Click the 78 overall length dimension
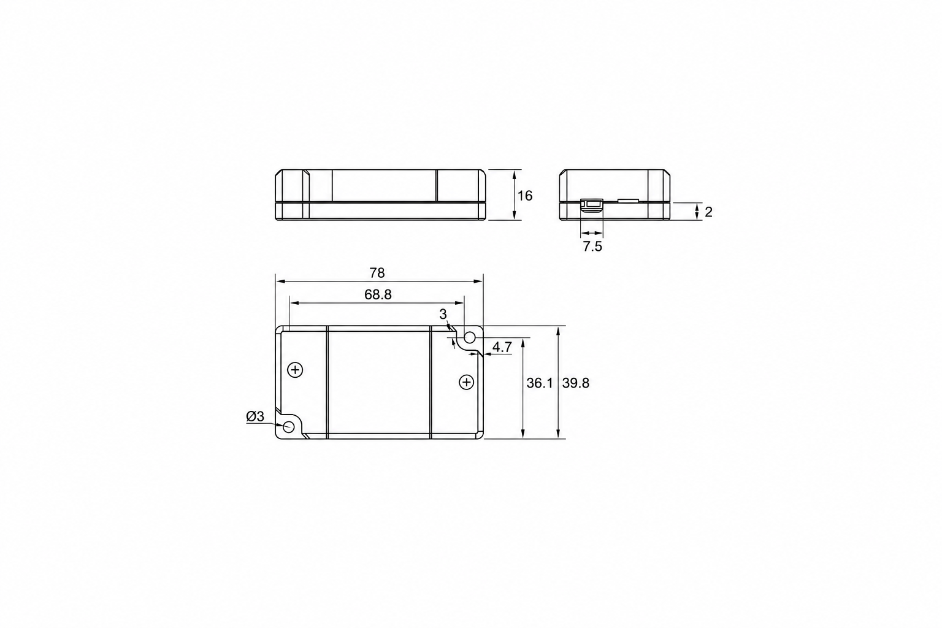tap(377, 274)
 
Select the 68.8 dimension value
tap(378, 295)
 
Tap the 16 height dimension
tap(525, 196)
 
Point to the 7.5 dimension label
tap(592, 247)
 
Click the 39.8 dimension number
tap(576, 383)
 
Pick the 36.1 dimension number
tap(540, 383)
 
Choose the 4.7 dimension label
tap(502, 347)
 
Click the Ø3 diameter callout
tap(255, 416)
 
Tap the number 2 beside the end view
tap(708, 212)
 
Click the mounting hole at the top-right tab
tap(469, 337)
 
